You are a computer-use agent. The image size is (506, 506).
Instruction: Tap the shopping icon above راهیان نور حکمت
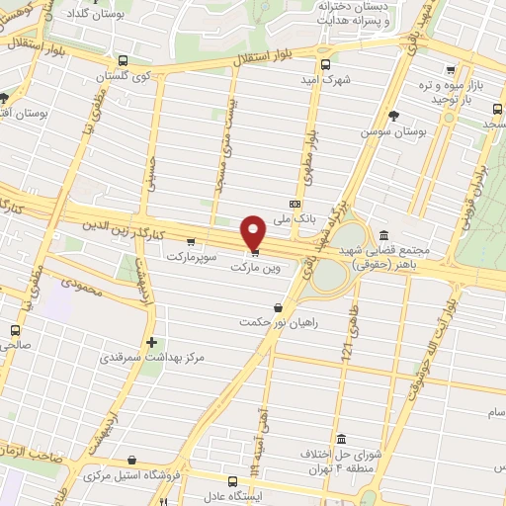coord(278,307)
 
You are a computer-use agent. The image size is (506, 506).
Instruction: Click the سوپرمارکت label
coord(189,256)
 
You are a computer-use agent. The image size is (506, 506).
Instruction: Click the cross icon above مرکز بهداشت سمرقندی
coord(150,343)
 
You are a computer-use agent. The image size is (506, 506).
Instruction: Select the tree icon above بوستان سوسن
coord(393,116)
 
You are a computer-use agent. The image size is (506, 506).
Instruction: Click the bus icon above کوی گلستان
coord(121,60)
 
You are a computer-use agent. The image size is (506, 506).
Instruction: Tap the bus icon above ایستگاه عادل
coord(232,482)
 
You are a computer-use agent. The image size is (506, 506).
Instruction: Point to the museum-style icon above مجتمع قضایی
coord(382,234)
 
